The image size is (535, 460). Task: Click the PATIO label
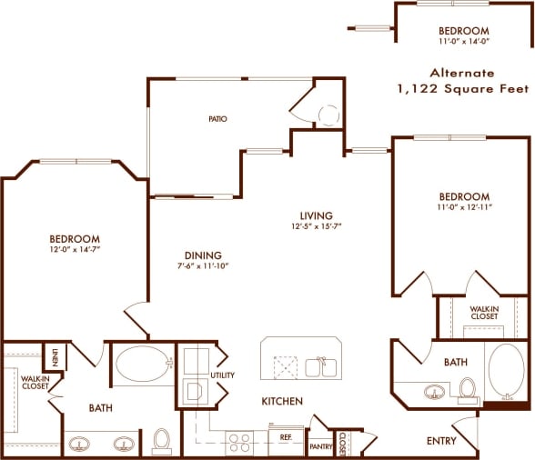[217, 119]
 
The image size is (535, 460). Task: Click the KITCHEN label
[282, 401]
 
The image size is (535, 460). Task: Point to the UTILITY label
[222, 374]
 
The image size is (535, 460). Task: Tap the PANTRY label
[321, 446]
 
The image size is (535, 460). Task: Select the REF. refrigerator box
[285, 437]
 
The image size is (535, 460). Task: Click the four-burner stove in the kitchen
[239, 442]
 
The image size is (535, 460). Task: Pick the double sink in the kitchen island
[318, 367]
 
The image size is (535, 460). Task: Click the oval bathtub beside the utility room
[144, 365]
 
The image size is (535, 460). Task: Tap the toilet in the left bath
[162, 441]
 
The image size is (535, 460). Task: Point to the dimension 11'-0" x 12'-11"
[463, 208]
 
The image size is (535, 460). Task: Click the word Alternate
[462, 73]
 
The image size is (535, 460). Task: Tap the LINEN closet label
[55, 356]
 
